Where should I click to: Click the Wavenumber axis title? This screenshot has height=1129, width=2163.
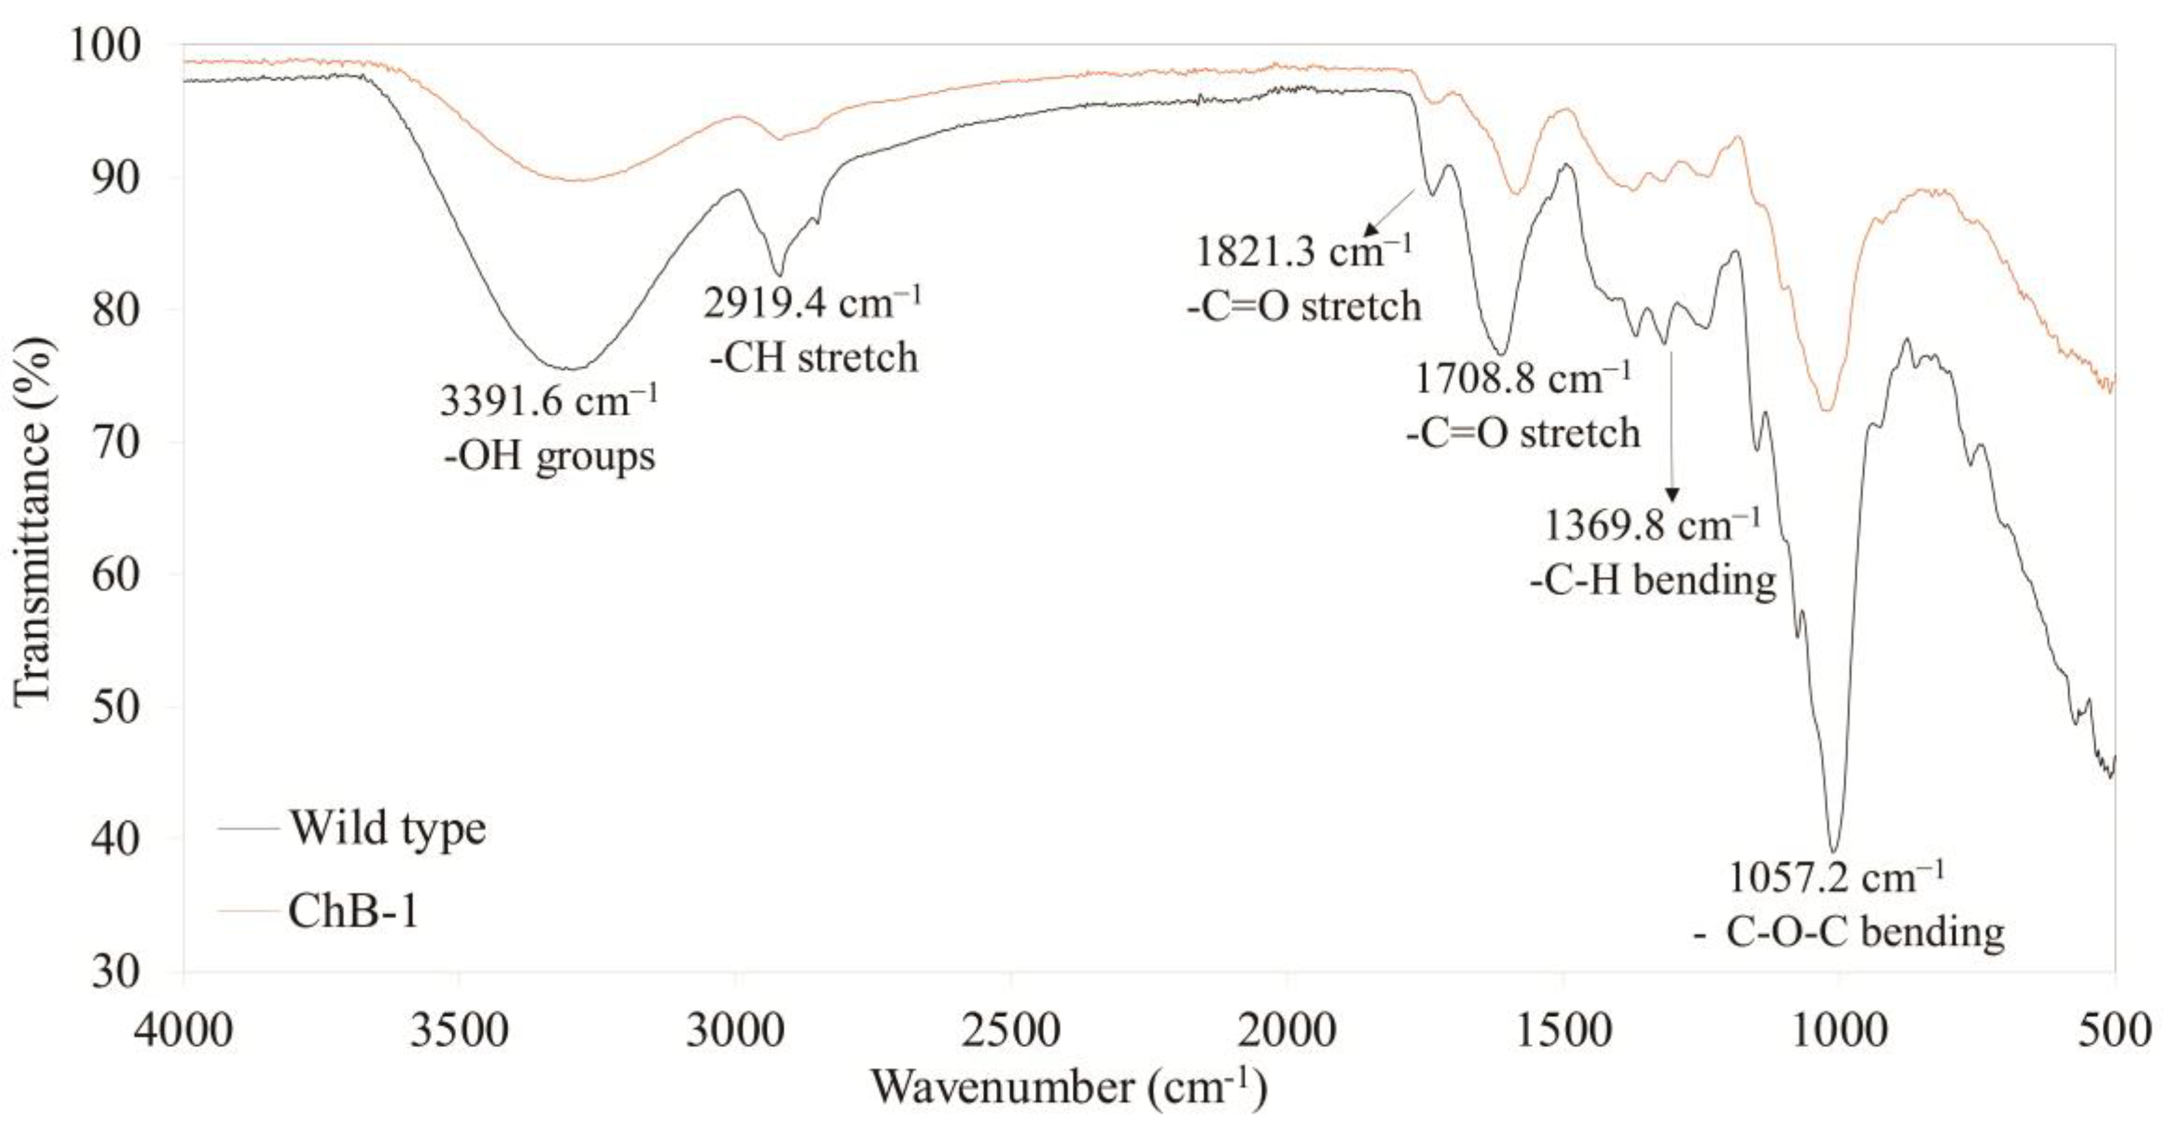tap(1068, 1088)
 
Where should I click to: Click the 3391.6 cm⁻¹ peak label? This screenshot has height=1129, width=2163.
tap(548, 401)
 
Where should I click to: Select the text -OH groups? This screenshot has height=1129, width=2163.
tap(548, 457)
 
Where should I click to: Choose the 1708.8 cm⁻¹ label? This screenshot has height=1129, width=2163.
tap(1522, 380)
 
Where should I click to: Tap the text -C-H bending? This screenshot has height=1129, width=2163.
tap(1652, 580)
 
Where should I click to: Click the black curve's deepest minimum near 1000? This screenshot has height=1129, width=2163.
tap(1834, 849)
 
